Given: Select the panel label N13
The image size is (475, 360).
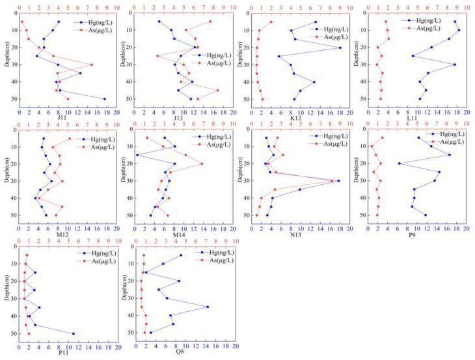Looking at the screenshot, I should (x=299, y=235).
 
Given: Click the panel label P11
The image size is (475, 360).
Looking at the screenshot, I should (x=63, y=353).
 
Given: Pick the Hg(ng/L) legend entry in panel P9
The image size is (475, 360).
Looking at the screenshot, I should (x=453, y=134).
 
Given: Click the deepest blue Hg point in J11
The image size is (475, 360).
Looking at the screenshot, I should (x=105, y=99).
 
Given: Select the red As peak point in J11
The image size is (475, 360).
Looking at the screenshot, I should (x=91, y=64).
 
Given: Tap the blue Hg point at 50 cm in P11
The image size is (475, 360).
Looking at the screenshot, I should (x=73, y=334).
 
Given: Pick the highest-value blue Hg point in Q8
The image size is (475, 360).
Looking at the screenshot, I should (x=208, y=307).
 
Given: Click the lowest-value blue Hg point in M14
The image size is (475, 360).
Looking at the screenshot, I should (x=137, y=155).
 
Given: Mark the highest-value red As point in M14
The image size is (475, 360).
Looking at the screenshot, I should (x=202, y=163).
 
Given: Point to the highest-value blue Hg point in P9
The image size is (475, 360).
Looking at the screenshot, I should (x=449, y=154).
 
